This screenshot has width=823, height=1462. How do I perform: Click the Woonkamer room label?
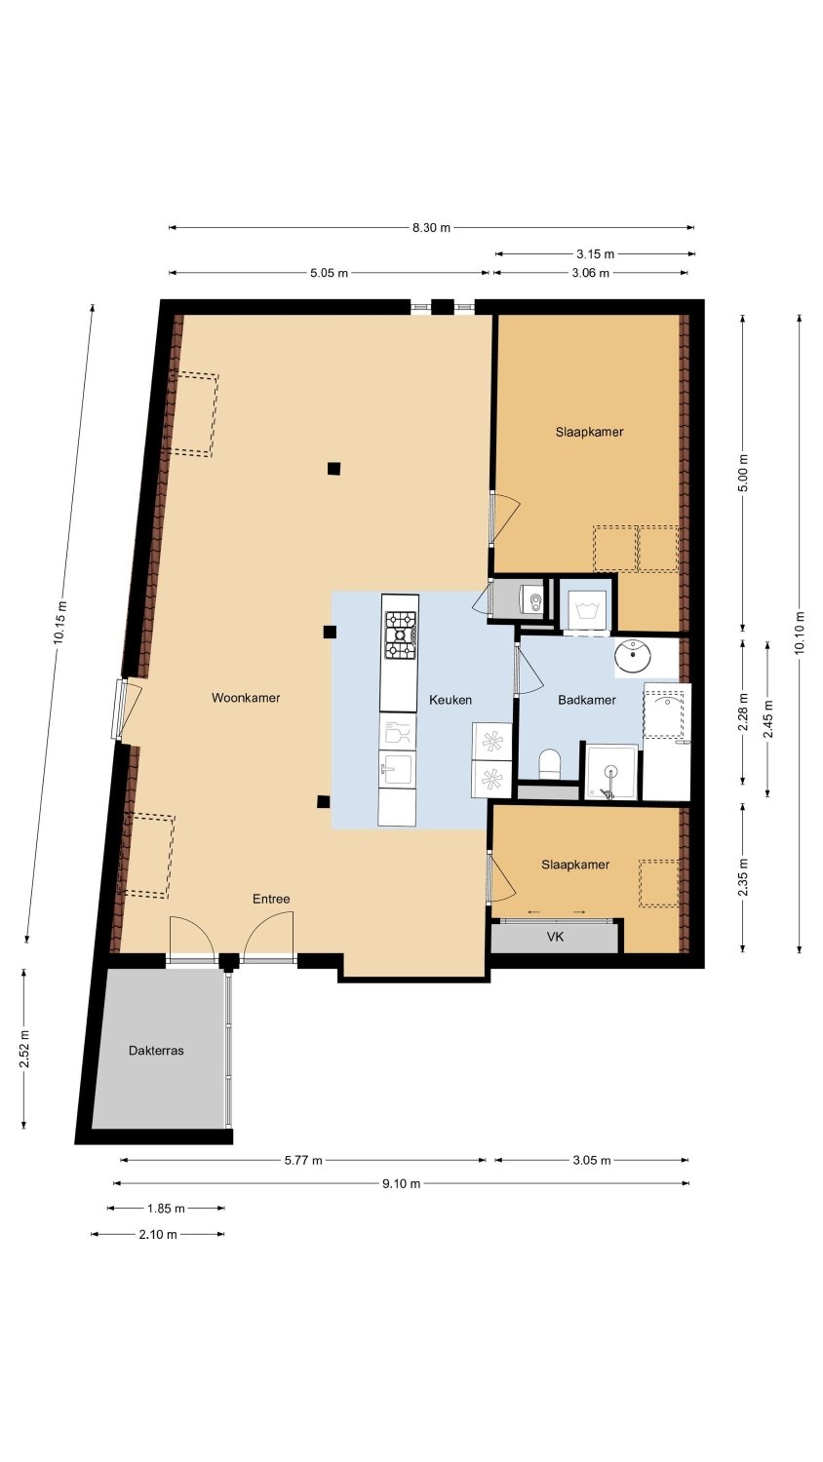pos(246,698)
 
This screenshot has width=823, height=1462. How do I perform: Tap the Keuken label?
pos(451,701)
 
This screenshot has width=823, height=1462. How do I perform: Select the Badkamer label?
pos(587,701)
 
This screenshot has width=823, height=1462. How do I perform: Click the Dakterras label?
pos(156,1051)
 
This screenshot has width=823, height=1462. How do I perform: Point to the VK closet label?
pos(555,938)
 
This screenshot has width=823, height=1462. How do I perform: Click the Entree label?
pos(271,900)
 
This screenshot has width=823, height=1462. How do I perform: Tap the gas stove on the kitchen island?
pos(401,635)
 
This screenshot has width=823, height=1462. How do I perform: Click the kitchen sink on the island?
pos(397,769)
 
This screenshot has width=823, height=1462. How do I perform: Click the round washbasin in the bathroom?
pos(634,656)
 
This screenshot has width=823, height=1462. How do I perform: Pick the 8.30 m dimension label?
pos(431,228)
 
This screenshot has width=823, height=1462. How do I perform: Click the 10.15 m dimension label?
pos(59,624)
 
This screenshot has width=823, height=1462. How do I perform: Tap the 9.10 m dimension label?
pos(401,1184)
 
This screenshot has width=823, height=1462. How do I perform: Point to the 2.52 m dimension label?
pos(24,1050)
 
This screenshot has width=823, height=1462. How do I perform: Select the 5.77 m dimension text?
pos(303,1161)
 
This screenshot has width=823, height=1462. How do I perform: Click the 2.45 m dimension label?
pos(768,718)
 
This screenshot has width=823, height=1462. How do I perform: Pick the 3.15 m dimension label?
pos(596,253)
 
